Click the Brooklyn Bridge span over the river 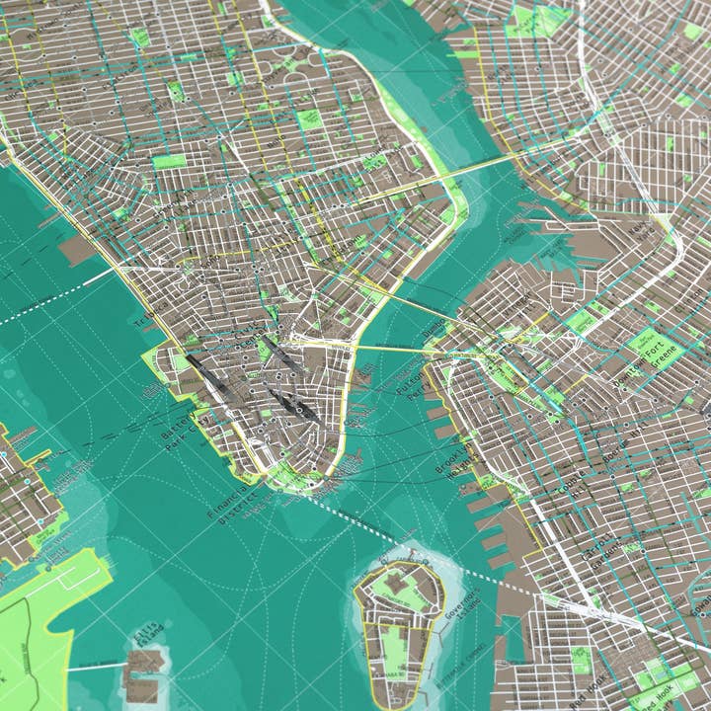coord(390,347)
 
